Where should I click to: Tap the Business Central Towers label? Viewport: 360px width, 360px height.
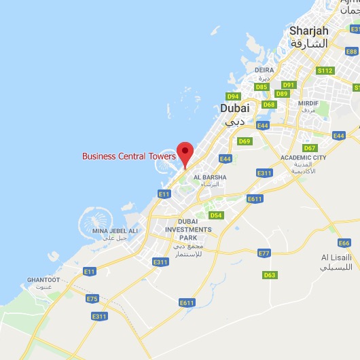(x=129, y=156)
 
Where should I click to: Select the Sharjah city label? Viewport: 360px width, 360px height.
(x=308, y=31)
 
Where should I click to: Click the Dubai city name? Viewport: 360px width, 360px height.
(x=235, y=108)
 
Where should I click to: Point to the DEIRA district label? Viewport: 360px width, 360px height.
(x=264, y=70)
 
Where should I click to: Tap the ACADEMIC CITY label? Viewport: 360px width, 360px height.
(x=303, y=158)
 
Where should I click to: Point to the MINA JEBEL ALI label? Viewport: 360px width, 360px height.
(x=114, y=231)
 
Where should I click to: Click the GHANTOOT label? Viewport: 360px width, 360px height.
(x=43, y=279)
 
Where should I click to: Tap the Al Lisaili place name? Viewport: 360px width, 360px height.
(x=336, y=258)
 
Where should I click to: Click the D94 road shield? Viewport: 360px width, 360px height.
(x=234, y=96)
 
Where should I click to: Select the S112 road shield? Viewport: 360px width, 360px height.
(x=326, y=71)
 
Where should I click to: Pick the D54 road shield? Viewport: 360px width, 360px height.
(x=215, y=215)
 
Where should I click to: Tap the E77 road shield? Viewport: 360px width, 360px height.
(x=264, y=253)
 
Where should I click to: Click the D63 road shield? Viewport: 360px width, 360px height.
(x=270, y=275)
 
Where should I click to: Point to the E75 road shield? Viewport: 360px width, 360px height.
(x=92, y=298)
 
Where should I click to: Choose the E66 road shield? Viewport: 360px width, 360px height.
(x=344, y=242)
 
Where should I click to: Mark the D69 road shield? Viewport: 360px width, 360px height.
(x=245, y=141)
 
